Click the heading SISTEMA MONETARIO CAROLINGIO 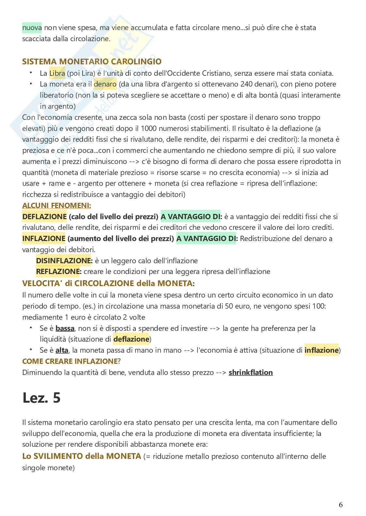click(92, 61)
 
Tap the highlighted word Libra click(57, 73)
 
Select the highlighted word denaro click(105, 84)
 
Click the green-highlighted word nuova click(32, 28)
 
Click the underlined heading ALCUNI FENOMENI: click(56, 205)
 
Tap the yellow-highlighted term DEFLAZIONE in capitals click(44, 217)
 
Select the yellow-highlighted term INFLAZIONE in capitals click(44, 239)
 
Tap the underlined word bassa click(65, 328)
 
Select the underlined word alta click(62, 350)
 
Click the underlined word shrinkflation click(250, 372)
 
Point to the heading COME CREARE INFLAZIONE click(70, 361)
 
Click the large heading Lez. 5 click(41, 398)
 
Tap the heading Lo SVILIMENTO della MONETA click(82, 456)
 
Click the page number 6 click(341, 505)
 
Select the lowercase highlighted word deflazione click(131, 339)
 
